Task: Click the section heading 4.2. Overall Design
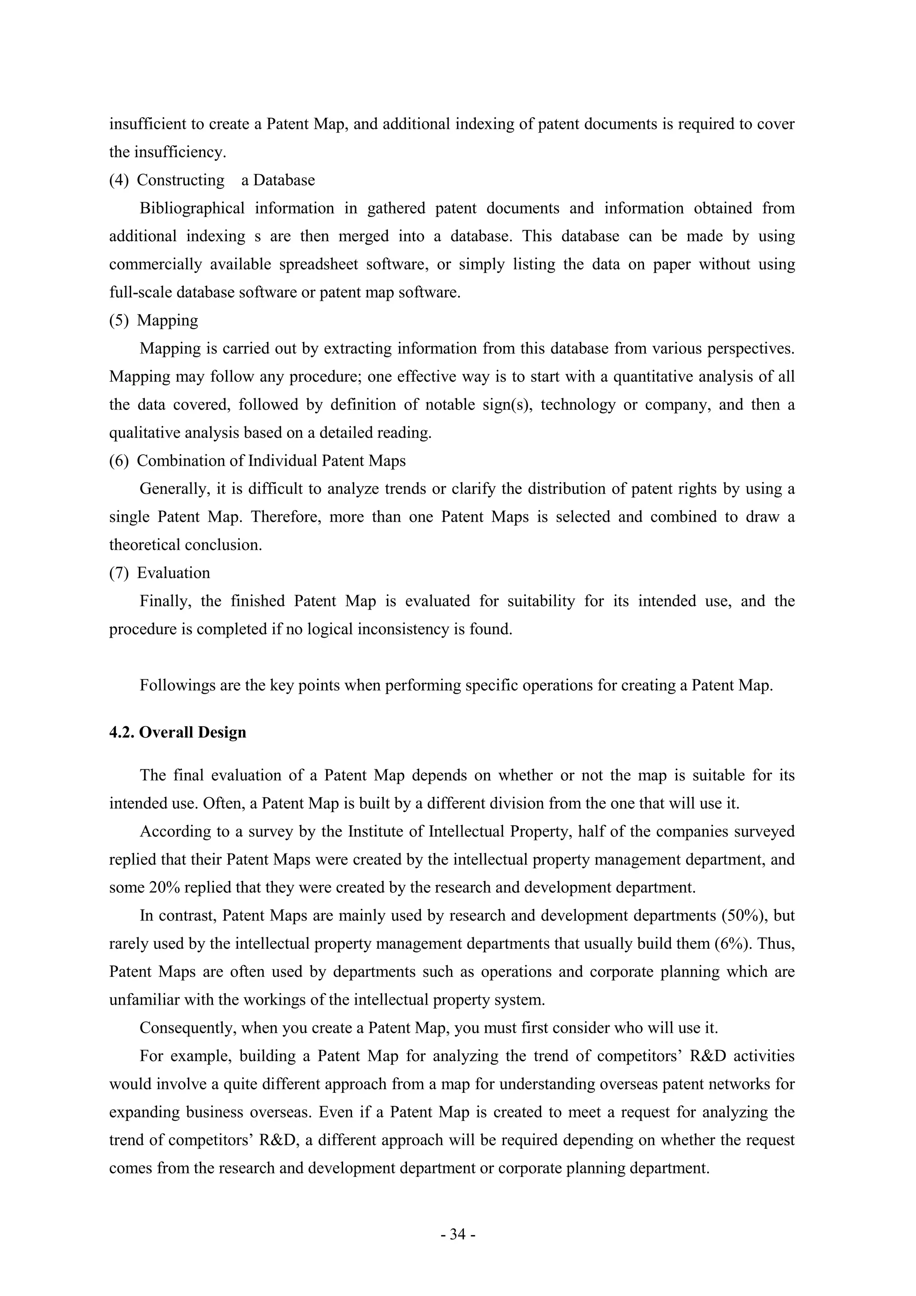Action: [x=178, y=732]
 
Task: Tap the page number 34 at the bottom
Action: [x=458, y=1235]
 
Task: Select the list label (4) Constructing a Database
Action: [x=212, y=180]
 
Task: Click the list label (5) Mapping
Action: [x=153, y=320]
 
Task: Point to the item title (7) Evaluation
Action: [x=160, y=573]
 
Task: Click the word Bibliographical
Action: [x=192, y=208]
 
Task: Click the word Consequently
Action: [x=188, y=1028]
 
